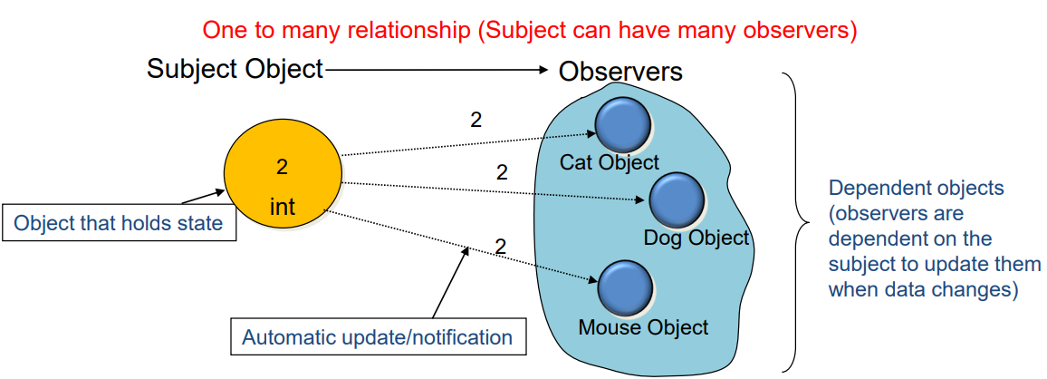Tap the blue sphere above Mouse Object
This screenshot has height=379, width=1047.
[624, 287]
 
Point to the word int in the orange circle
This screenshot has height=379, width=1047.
[283, 209]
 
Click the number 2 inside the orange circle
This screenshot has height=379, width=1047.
[282, 167]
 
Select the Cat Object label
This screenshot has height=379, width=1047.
[610, 162]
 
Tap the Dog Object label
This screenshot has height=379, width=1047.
[696, 238]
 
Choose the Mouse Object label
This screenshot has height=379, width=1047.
[643, 326]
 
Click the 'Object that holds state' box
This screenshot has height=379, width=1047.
[119, 222]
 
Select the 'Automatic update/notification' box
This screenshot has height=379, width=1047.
[377, 338]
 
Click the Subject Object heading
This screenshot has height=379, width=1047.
[235, 69]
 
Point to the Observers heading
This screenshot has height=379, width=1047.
[620, 72]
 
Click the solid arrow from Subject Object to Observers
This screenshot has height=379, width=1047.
[435, 70]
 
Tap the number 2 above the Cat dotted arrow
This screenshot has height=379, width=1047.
[476, 120]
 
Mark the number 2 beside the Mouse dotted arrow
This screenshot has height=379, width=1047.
[500, 245]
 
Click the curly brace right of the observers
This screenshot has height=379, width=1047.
[795, 222]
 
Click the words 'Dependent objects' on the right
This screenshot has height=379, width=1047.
[916, 189]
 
